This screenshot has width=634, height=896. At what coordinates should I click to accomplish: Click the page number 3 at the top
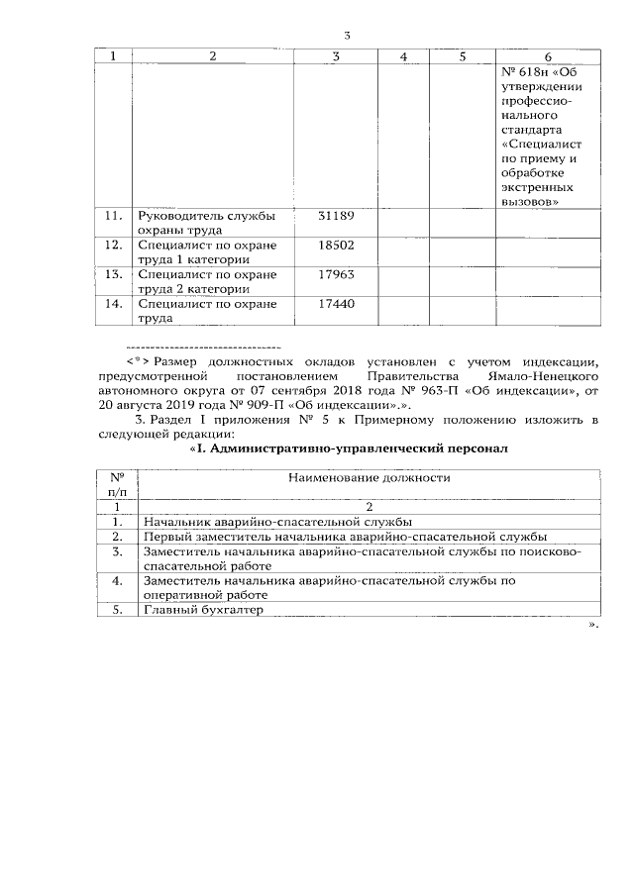(x=347, y=36)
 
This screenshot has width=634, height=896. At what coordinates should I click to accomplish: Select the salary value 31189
(x=335, y=215)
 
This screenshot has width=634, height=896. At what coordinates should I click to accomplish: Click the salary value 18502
(x=335, y=245)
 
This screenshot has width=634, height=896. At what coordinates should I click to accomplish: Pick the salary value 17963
(x=335, y=274)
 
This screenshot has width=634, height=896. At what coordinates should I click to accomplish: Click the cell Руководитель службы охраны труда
(x=206, y=222)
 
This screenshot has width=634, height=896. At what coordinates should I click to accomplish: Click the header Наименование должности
(x=369, y=477)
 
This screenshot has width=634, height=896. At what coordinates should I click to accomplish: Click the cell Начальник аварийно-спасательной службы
(x=277, y=521)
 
